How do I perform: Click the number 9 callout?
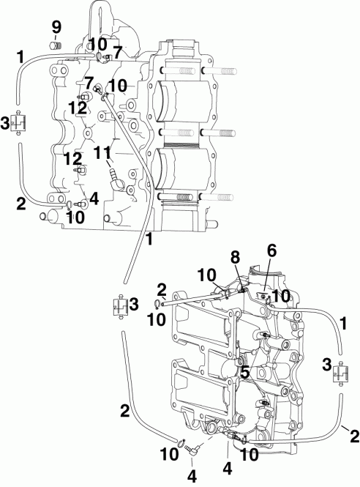[x=56, y=27]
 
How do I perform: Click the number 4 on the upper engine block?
[x=92, y=198]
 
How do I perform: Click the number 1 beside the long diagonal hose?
[x=149, y=239]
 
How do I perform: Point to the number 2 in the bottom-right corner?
[x=354, y=437]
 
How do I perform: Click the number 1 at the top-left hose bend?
[x=20, y=56]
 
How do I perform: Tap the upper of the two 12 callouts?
[x=78, y=106]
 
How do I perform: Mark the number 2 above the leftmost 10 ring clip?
[x=160, y=290]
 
